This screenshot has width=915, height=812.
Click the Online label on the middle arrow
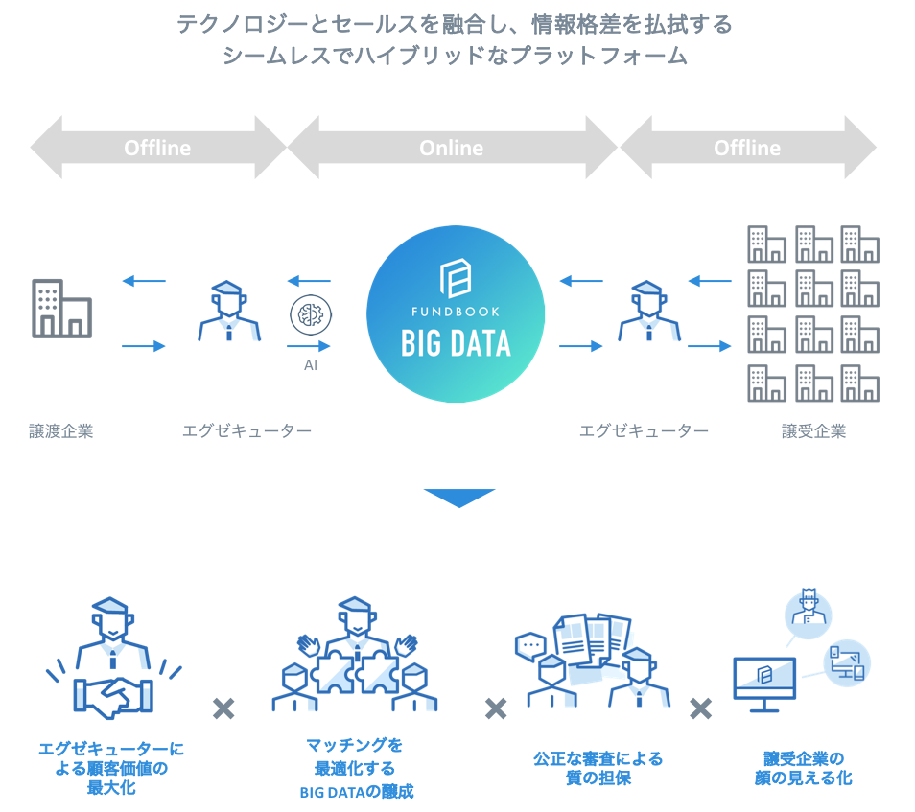tap(451, 149)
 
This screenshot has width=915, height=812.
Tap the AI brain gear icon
tap(311, 315)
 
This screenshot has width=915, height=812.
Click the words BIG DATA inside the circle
tap(456, 343)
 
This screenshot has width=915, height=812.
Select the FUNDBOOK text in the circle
tap(456, 312)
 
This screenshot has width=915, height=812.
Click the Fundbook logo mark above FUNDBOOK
tap(456, 278)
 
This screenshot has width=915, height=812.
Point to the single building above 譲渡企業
tap(61, 309)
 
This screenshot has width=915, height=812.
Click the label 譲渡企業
tap(61, 431)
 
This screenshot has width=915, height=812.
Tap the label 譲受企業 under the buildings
tap(813, 431)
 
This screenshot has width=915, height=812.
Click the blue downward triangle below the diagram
tap(459, 498)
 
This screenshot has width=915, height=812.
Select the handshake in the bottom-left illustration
tap(113, 697)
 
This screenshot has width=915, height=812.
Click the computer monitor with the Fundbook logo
tap(763, 684)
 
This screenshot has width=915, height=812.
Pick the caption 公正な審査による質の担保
tap(598, 768)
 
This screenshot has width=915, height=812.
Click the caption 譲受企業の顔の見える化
tap(804, 768)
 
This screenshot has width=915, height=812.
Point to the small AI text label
tap(311, 365)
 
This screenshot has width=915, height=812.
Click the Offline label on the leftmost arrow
tap(157, 149)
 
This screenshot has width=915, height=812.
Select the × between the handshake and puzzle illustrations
tap(223, 708)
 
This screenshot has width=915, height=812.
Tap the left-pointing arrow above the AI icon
tap(309, 281)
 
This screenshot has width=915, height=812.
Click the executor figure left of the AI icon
tap(229, 311)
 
